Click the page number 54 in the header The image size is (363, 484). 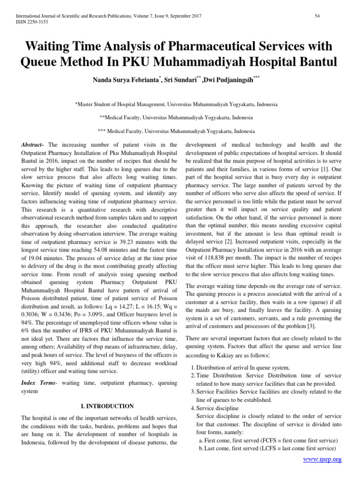(x=318, y=17)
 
